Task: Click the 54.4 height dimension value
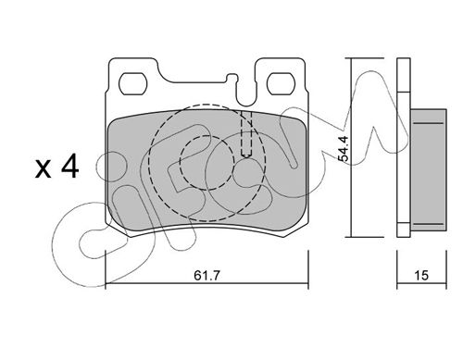click(x=344, y=148)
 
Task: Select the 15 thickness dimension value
click(x=421, y=275)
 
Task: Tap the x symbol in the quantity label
click(x=43, y=169)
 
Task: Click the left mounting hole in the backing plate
click(x=133, y=83)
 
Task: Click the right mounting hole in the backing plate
click(x=281, y=83)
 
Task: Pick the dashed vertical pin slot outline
click(x=246, y=133)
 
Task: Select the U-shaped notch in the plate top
click(x=245, y=93)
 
